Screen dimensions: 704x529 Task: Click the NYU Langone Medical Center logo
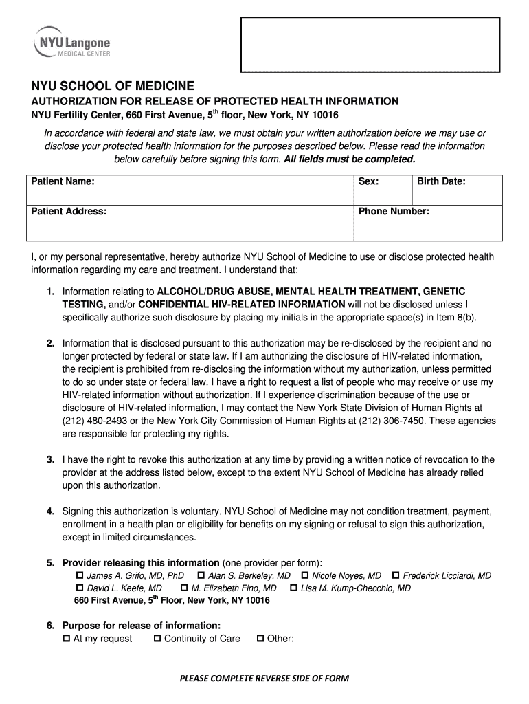pos(71,43)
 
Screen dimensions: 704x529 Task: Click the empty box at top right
pos(370,44)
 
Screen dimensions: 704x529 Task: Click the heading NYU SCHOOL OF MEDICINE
pos(113,86)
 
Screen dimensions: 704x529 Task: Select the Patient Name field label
pos(63,181)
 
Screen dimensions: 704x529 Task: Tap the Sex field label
pos(368,181)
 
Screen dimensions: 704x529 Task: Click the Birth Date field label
pos(441,181)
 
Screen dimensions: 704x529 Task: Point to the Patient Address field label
pos(69,212)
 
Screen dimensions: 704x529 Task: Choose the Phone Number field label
pos(394,212)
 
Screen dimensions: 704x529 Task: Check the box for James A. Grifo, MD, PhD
pos(79,575)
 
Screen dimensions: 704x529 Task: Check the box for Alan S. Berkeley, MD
pos(201,575)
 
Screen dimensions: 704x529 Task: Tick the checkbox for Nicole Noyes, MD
pos(304,575)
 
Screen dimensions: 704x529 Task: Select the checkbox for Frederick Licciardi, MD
pos(396,575)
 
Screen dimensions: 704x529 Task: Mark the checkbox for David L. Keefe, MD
pos(79,588)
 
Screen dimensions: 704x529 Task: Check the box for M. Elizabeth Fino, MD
pos(184,588)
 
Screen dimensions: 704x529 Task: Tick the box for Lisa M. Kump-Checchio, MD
pos(293,588)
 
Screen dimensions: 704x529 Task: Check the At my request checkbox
pos(67,639)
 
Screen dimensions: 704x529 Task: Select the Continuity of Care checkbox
pos(157,639)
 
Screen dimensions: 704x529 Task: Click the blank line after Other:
pos(388,640)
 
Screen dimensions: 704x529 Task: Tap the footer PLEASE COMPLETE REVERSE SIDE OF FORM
pos(264,679)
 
